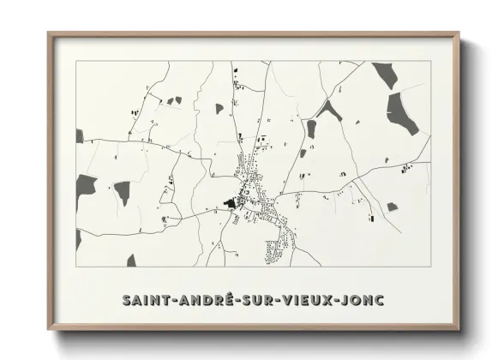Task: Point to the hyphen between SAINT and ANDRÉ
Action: pos(172,301)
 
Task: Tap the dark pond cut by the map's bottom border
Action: pos(131,261)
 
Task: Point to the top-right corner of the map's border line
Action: pos(429,62)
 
